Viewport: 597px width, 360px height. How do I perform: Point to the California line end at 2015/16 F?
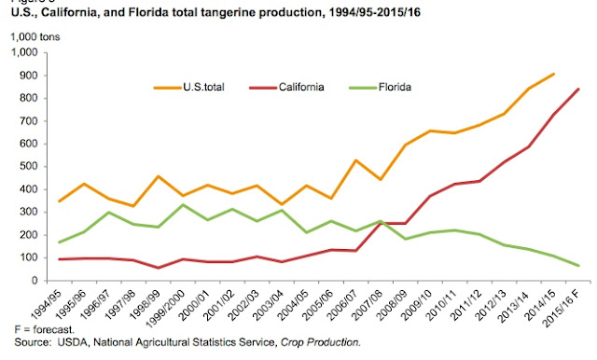tap(578, 89)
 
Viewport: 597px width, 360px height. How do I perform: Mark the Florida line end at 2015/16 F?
tap(578, 266)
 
